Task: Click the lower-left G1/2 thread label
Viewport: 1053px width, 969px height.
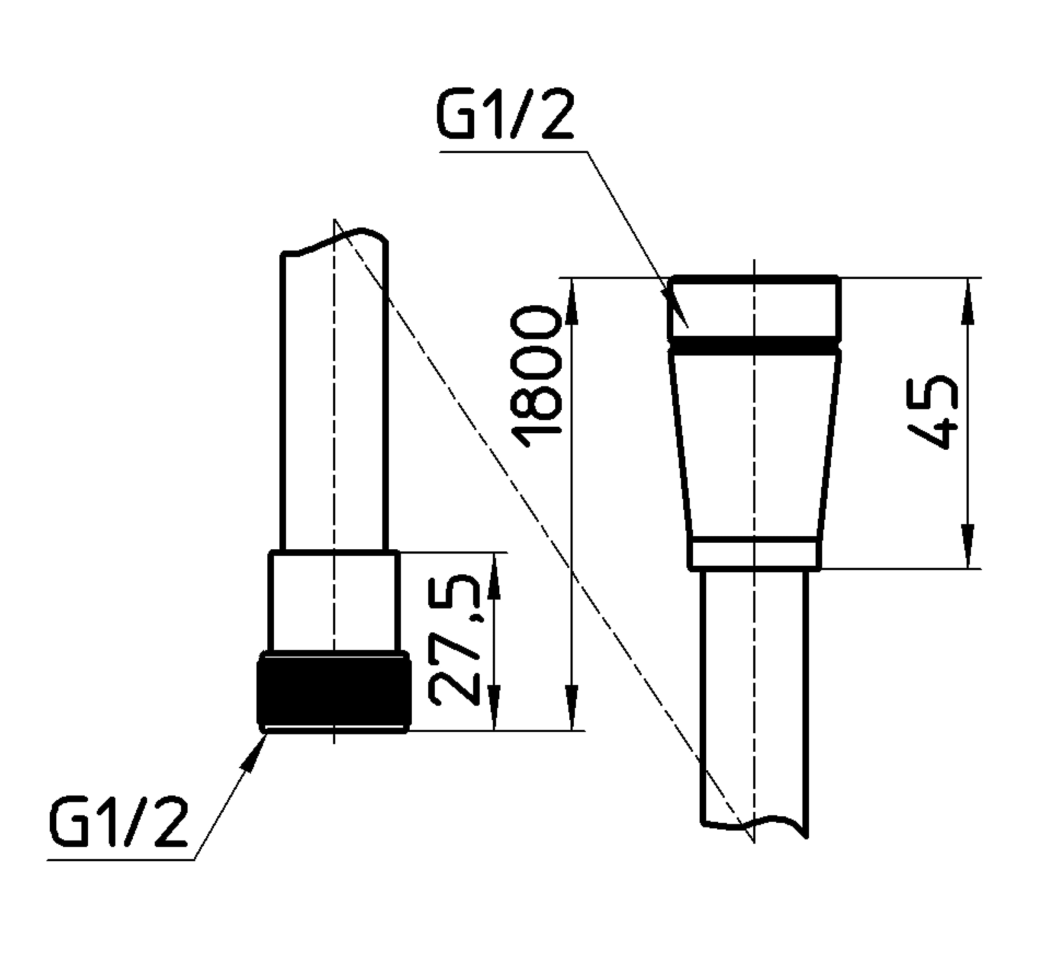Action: coord(118,824)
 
